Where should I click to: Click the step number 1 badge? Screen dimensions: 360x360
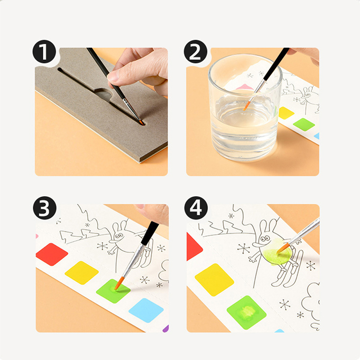pyautogui.click(x=44, y=52)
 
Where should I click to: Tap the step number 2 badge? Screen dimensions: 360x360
pyautogui.click(x=196, y=52)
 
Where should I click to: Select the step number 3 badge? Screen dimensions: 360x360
pyautogui.click(x=45, y=208)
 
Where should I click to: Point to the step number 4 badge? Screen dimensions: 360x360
pyautogui.click(x=196, y=208)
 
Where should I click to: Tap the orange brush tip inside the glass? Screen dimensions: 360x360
pyautogui.click(x=247, y=106)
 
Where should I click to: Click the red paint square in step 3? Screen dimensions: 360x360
pyautogui.click(x=52, y=254)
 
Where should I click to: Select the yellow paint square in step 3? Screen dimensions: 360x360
pyautogui.click(x=82, y=273)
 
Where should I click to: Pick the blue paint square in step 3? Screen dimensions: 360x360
pyautogui.click(x=146, y=310)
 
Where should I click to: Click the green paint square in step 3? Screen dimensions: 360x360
pyautogui.click(x=113, y=291)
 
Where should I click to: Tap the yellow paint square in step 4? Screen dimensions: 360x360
pyautogui.click(x=214, y=279)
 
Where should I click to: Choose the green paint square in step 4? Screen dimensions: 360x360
pyautogui.click(x=247, y=312)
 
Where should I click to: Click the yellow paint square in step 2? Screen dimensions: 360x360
pyautogui.click(x=286, y=113)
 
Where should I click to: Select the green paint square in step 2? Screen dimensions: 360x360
pyautogui.click(x=304, y=125)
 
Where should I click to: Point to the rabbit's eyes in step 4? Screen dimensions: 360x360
pyautogui.click(x=265, y=239)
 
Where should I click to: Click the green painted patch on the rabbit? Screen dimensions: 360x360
pyautogui.click(x=277, y=252)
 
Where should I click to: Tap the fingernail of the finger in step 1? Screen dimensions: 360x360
pyautogui.click(x=112, y=77)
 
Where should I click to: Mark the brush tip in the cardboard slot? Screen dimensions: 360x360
pyautogui.click(x=141, y=122)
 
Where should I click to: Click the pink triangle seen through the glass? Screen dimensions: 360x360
pyautogui.click(x=244, y=87)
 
